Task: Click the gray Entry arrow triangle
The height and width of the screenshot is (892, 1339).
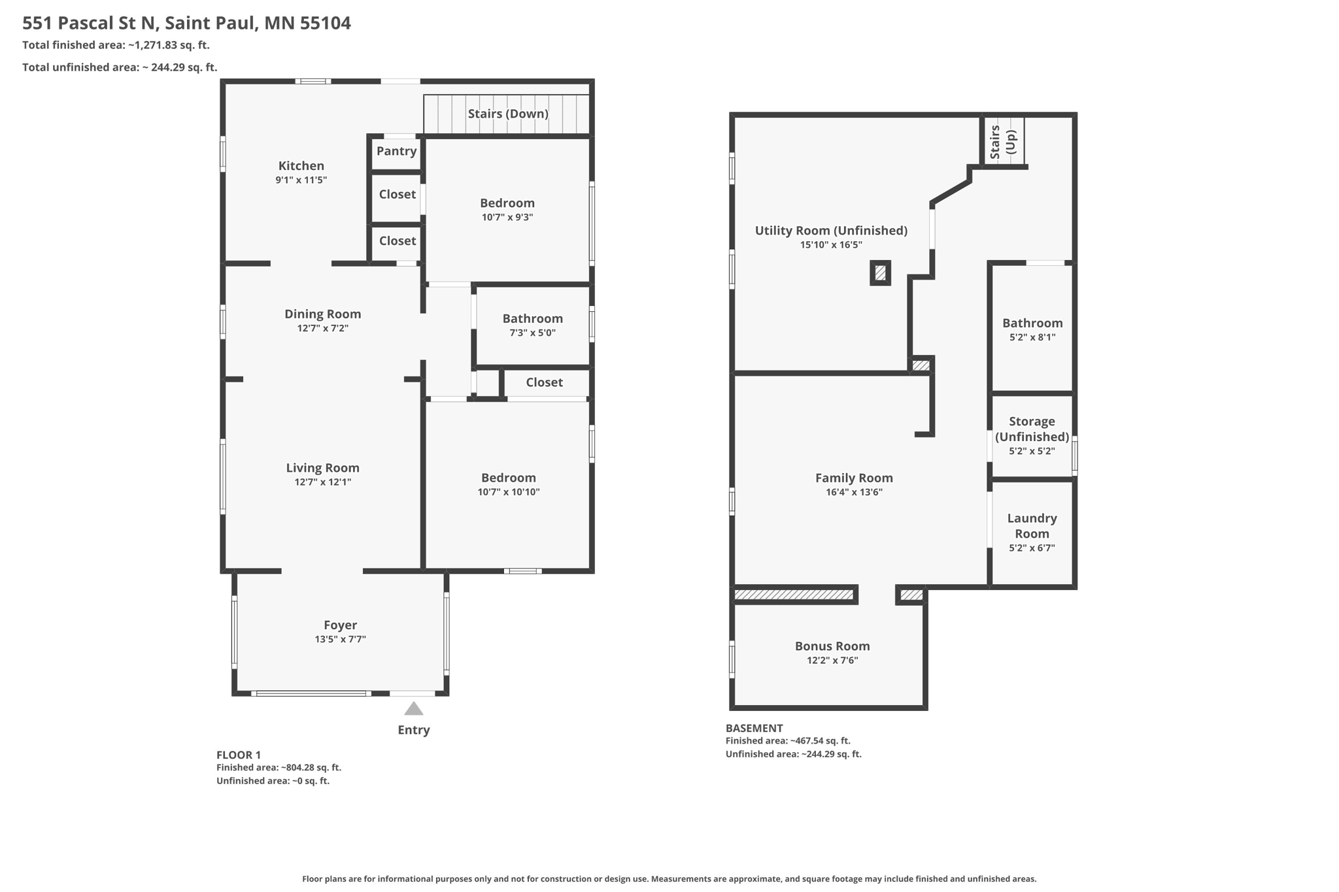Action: point(414,708)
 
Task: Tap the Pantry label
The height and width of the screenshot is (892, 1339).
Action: point(396,151)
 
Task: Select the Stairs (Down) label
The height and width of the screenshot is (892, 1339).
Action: point(508,114)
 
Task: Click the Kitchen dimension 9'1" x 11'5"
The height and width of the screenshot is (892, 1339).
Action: point(301,180)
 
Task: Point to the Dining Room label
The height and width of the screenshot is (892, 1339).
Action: point(323,314)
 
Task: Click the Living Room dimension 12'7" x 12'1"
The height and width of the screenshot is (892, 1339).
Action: point(323,482)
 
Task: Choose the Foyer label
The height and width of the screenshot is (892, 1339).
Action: point(341,625)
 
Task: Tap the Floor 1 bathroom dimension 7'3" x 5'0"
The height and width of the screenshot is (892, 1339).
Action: point(533,333)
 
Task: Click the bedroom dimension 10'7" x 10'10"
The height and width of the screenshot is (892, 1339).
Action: point(509,492)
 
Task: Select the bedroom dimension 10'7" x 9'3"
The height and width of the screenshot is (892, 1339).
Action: point(507,217)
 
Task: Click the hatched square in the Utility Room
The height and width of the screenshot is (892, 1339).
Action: point(881,273)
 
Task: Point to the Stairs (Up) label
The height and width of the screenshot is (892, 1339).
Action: point(1003,142)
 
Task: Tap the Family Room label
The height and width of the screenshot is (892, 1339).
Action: point(854,478)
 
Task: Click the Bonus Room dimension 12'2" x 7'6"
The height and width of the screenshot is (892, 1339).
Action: point(832,661)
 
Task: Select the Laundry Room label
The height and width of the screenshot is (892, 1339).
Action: point(1032,525)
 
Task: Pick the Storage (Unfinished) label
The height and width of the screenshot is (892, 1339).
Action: point(1032,429)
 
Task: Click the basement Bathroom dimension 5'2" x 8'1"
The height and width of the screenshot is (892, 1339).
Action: point(1032,338)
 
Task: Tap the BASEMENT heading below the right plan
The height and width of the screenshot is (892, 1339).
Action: point(754,728)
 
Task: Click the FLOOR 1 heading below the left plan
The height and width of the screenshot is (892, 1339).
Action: point(239,755)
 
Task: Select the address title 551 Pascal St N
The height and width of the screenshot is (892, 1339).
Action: point(90,23)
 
